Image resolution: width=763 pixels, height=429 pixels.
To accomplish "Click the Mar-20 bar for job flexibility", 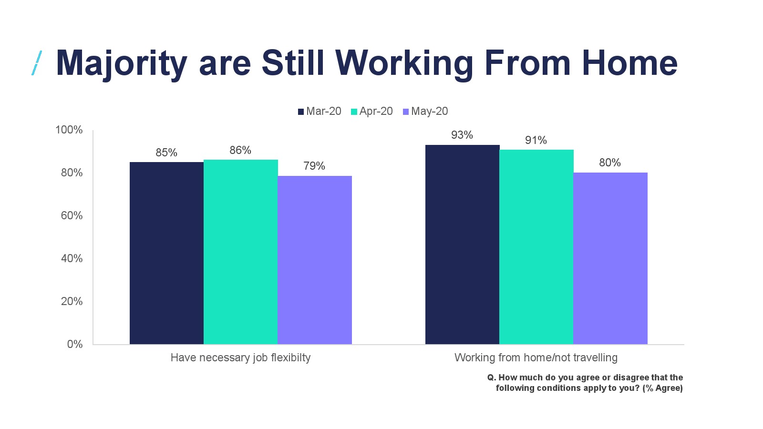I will point(166,253).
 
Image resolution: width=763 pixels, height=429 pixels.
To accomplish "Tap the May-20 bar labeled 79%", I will point(315,260).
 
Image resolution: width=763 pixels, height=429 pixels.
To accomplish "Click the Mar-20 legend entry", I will point(320,112).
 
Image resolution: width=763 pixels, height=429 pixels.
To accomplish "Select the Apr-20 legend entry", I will point(372,112).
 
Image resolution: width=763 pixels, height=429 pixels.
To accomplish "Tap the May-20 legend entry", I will point(425,112).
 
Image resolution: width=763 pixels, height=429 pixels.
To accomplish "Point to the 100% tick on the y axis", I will point(69,130).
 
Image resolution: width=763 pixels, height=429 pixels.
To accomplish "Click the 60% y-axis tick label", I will point(72,215).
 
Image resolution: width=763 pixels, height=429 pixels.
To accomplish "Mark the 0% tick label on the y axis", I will point(75,344).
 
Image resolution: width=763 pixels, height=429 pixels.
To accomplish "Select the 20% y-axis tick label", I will point(72,301).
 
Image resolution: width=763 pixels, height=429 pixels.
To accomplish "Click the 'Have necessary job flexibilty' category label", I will point(240,357).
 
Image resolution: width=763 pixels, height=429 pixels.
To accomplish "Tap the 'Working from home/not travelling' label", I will point(536,357).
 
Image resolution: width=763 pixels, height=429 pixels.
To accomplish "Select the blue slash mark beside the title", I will point(37,63).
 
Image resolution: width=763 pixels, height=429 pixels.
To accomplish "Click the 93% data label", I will point(462,135).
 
